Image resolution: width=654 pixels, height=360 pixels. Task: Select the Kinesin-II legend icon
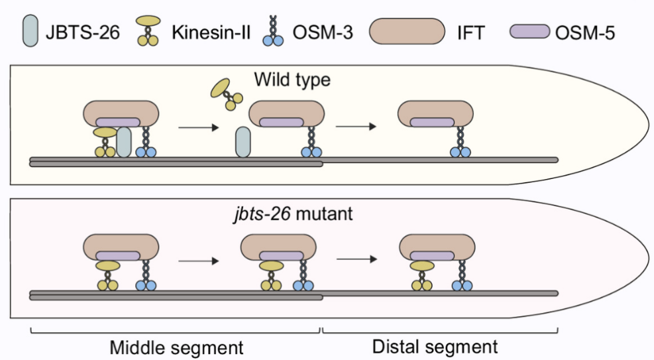pos(148,31)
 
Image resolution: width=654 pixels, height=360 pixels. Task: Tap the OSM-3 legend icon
pos(272,31)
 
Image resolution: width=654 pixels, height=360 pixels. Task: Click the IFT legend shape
pos(407,30)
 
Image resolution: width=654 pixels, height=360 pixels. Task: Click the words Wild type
pos(292,80)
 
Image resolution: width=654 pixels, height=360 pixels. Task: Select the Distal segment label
pos(435,346)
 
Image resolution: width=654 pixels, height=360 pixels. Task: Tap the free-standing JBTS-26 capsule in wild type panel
pos(243,143)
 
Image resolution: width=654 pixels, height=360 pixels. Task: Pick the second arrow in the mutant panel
pos(358,261)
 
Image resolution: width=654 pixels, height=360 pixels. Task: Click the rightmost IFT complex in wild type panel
pos(435,113)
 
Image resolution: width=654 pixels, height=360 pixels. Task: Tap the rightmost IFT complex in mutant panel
pos(435,249)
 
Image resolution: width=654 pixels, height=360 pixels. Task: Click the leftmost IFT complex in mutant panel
pos(121,249)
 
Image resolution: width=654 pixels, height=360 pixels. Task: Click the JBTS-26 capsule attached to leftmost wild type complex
pos(123,143)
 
